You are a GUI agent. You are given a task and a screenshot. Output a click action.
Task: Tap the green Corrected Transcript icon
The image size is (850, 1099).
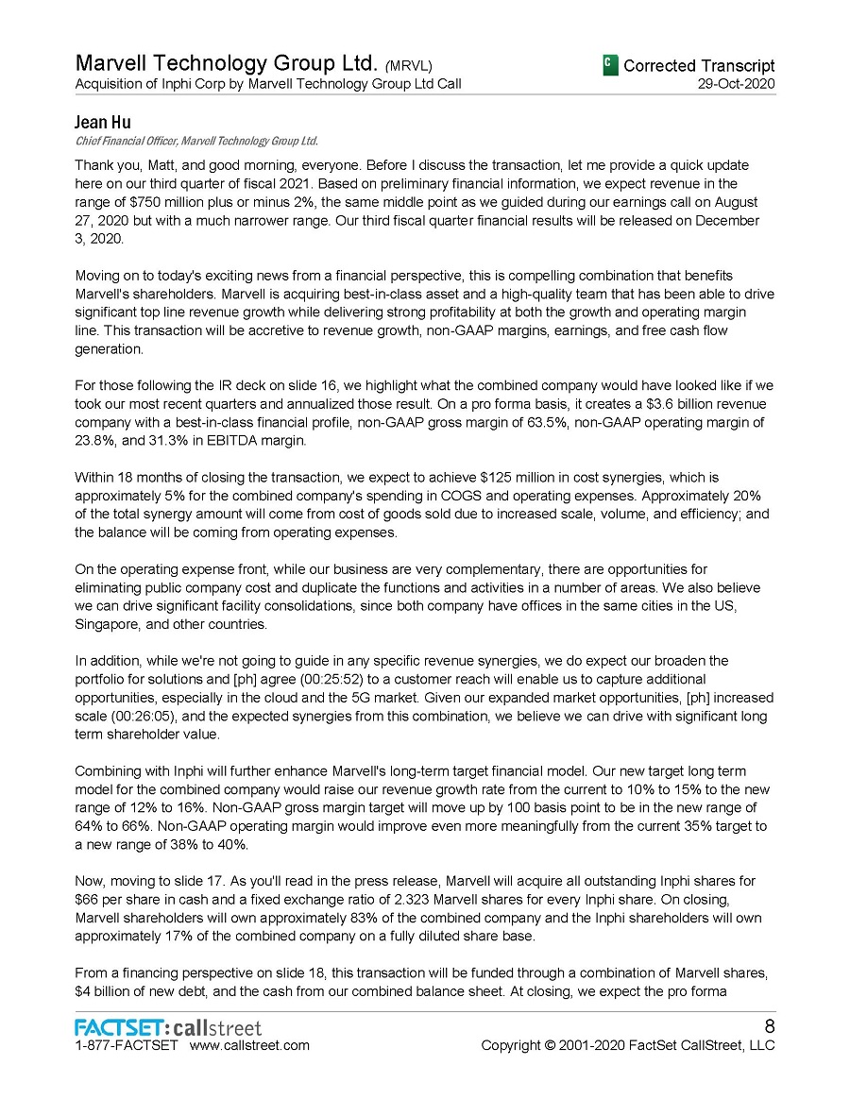coord(610,64)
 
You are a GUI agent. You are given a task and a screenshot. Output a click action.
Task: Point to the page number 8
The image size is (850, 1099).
coord(768,1027)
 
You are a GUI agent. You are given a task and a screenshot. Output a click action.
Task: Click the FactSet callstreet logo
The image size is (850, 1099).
coord(168,1027)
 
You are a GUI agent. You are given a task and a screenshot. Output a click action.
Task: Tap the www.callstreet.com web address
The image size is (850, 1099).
coord(249,1045)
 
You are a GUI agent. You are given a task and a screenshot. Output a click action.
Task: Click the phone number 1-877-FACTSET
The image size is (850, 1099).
coord(126,1045)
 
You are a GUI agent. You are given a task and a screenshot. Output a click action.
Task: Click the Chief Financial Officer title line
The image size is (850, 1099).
coord(195,141)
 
